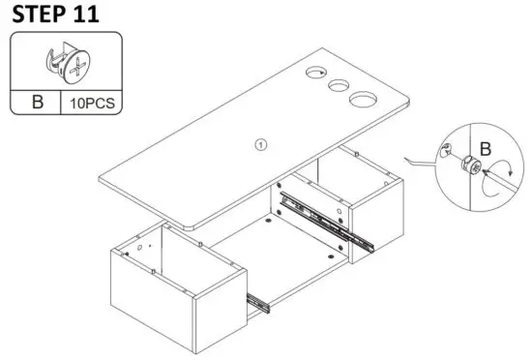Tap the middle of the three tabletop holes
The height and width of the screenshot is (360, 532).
coord(339,85)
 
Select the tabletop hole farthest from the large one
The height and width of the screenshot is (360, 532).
coord(315,73)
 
